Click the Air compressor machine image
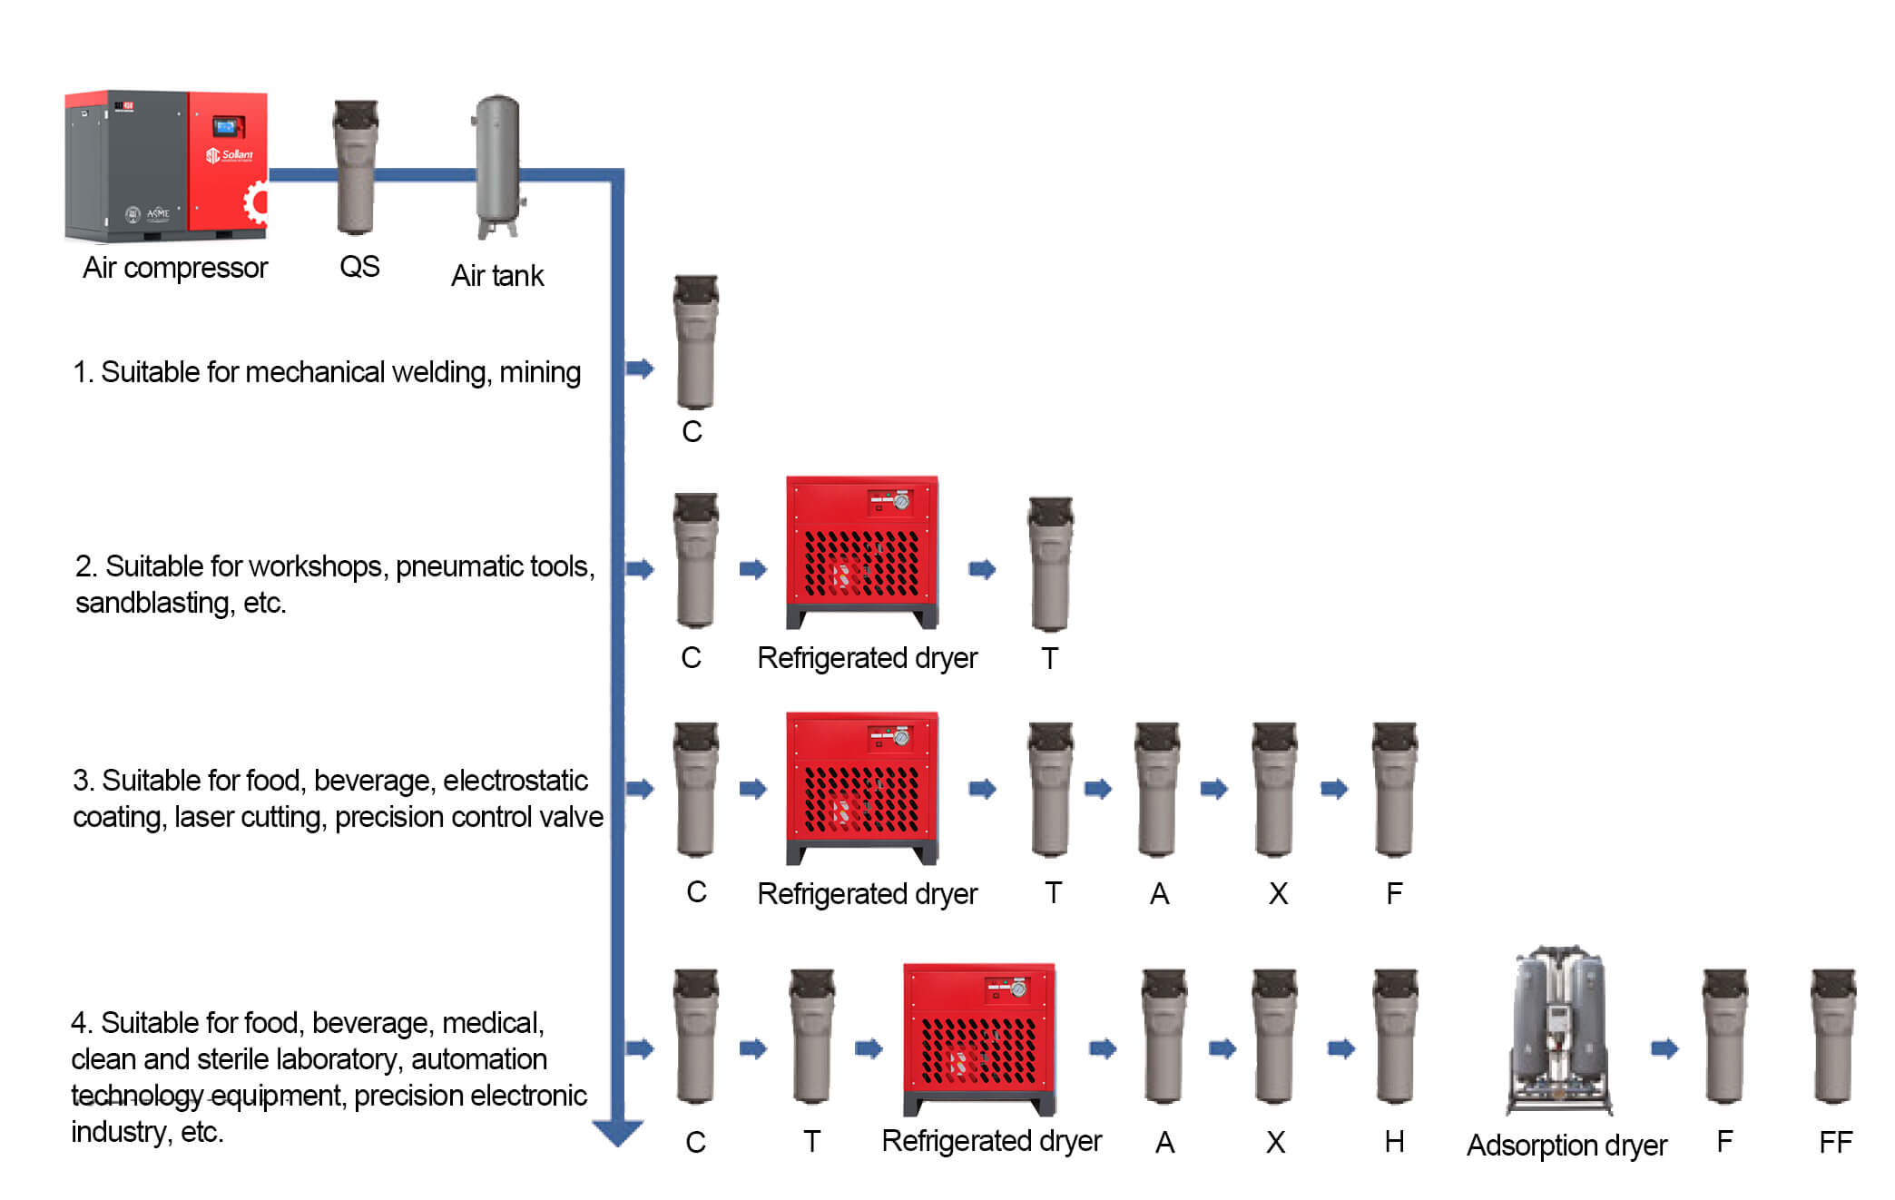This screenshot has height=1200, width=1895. [166, 166]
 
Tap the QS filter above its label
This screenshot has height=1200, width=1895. [356, 168]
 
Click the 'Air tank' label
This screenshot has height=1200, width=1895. [497, 275]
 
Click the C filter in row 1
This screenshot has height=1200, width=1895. [695, 342]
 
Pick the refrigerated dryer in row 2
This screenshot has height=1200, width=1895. [861, 551]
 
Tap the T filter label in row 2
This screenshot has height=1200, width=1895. [1050, 658]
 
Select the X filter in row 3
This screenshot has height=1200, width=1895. [1274, 789]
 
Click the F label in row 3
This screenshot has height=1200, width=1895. [1394, 894]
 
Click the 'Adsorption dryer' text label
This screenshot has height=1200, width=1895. [1566, 1146]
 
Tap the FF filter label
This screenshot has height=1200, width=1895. [1835, 1142]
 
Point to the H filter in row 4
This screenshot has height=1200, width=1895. [1395, 1036]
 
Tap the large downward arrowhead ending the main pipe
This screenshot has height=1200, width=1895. [617, 1132]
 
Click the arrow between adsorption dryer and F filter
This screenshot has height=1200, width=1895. [1664, 1049]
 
